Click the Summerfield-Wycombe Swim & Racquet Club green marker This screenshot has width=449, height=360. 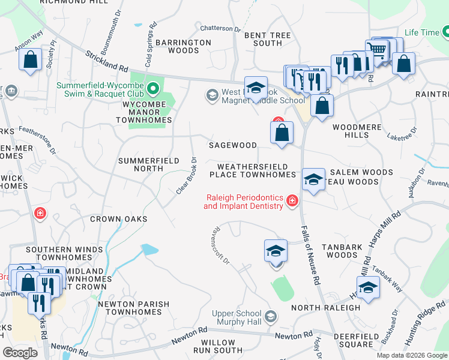point(153,90)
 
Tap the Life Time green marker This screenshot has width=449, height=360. point(445,32)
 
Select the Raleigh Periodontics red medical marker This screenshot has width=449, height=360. point(292,200)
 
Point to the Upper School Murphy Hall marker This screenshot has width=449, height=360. point(271,316)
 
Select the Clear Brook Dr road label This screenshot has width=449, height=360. point(187,175)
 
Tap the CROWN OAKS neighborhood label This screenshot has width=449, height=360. point(118,219)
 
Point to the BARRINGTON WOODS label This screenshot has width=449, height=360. point(183,46)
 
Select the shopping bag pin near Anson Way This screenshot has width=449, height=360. point(30,60)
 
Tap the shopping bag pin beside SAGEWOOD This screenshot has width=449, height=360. point(282,133)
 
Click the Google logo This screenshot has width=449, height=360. point(20,353)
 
